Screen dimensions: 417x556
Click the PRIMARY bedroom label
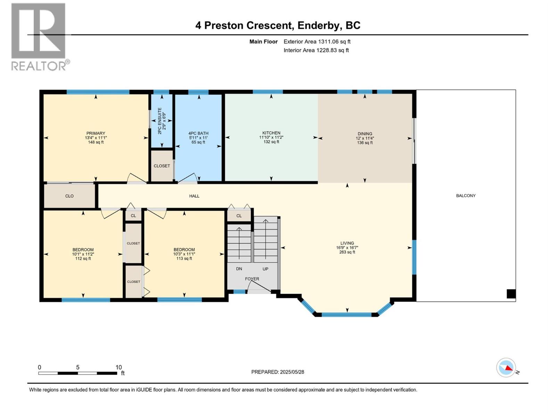[96, 133]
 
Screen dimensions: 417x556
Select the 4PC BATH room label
[198, 133]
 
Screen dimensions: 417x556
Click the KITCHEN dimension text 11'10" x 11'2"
[271, 137]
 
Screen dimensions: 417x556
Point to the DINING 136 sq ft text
[365, 143]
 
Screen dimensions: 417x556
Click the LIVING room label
[347, 243]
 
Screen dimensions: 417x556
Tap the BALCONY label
[466, 196]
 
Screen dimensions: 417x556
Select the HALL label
[194, 196]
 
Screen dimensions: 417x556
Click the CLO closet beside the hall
[69, 196]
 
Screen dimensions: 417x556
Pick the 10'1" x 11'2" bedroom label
[83, 254]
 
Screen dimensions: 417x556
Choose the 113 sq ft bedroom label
[184, 259]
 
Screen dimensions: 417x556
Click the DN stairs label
[239, 269]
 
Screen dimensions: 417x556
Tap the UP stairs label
[265, 269]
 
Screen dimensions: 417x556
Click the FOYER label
[252, 279]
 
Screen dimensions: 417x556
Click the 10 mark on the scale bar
[118, 367]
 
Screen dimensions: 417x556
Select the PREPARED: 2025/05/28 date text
[278, 372]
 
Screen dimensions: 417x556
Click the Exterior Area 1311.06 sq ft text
[317, 42]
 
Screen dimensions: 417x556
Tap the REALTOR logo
[39, 36]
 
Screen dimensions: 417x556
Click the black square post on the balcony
[511, 294]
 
